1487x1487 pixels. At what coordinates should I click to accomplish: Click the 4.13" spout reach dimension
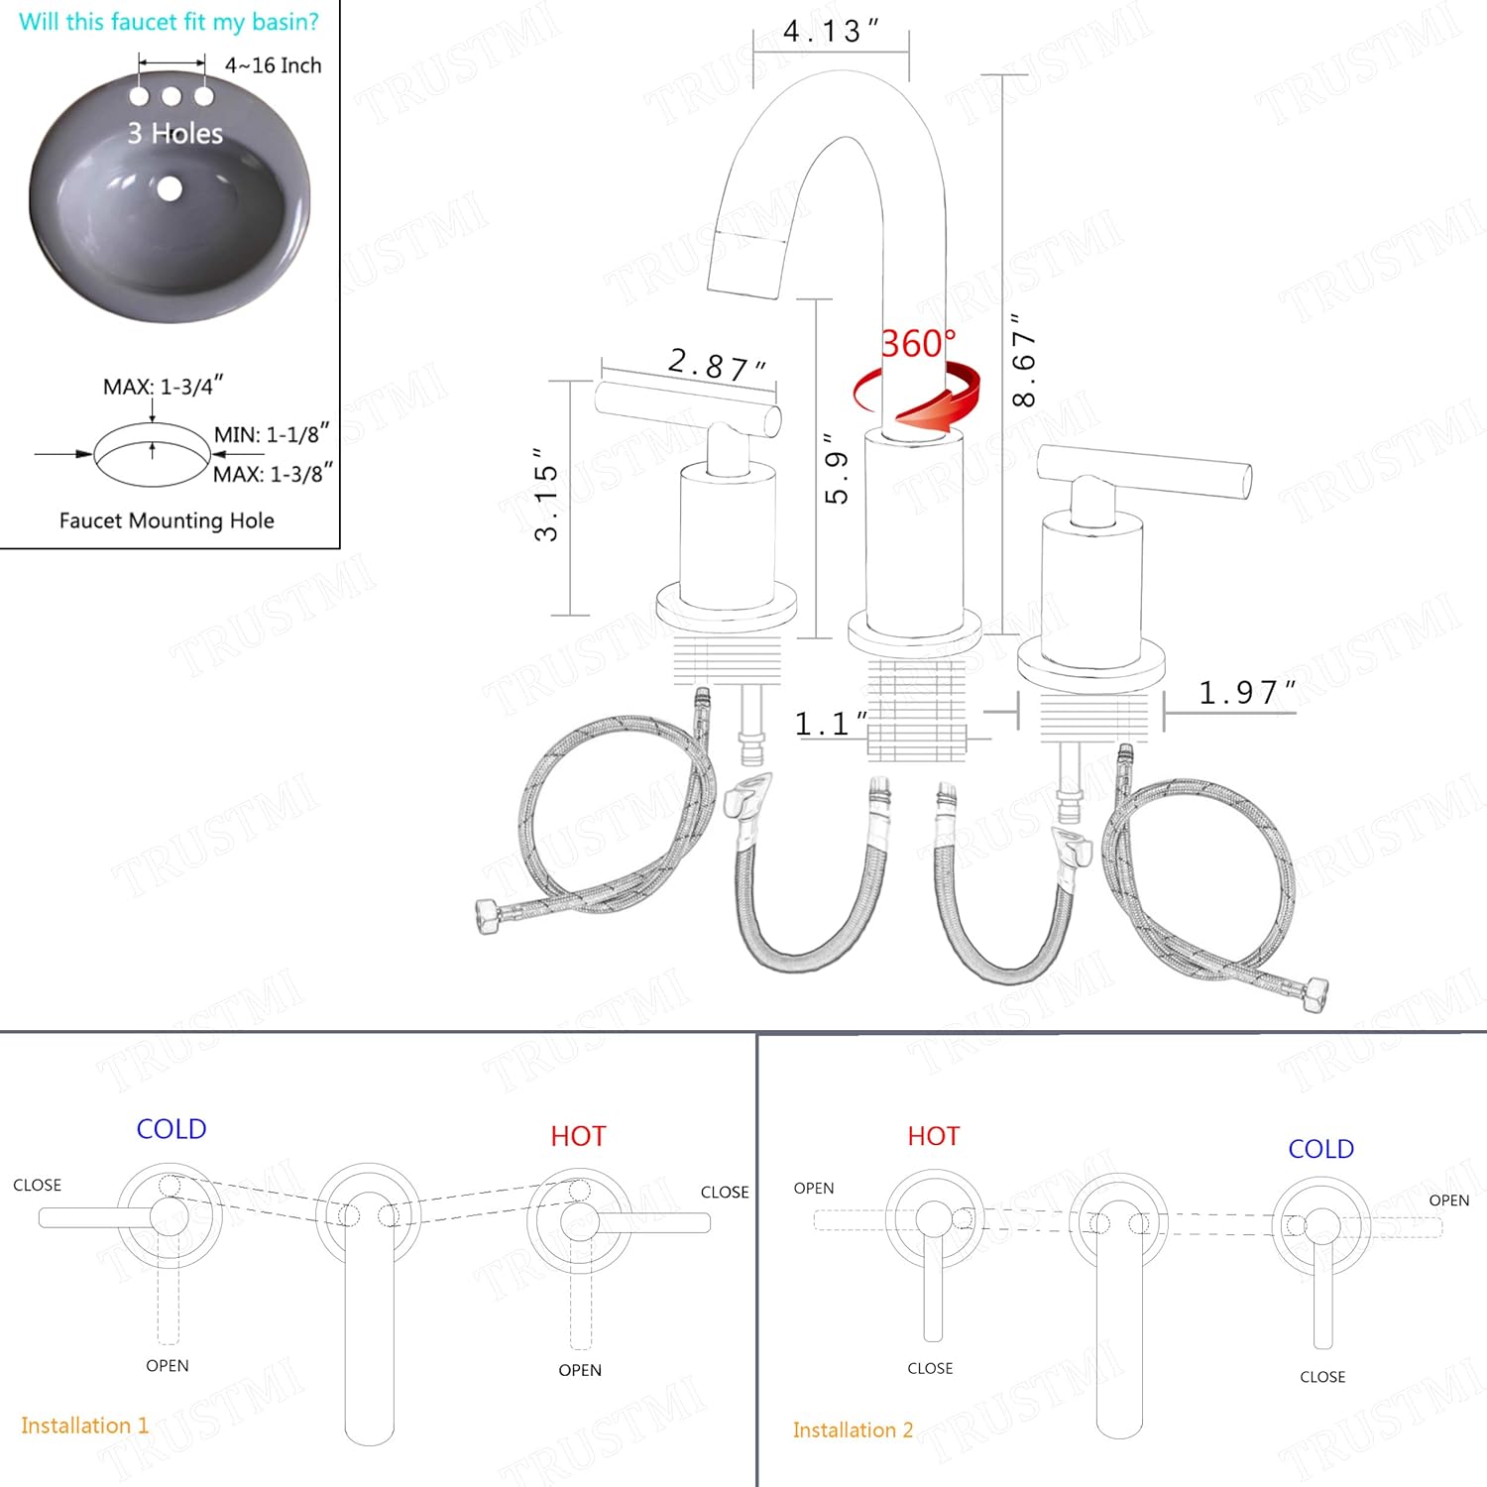coord(831,31)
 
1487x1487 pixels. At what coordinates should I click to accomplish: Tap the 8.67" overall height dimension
coord(1023,360)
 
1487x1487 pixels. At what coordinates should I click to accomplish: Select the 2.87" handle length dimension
coord(717,364)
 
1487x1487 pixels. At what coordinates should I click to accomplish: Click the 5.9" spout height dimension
coord(837,468)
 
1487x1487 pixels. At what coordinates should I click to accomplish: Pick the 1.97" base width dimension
coord(1247,692)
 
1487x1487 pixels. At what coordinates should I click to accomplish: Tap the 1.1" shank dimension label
coord(831,724)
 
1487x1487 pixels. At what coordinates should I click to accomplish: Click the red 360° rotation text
coord(919,343)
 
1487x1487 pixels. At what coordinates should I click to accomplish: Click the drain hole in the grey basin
coord(170,187)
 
